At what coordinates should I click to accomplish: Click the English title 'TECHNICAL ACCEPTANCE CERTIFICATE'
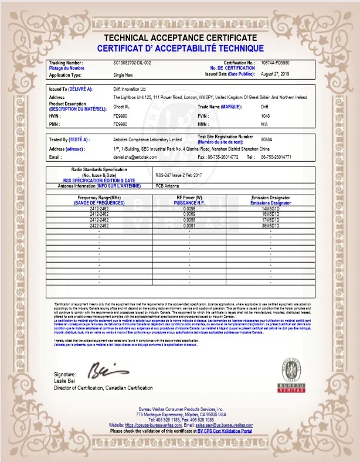[180, 38]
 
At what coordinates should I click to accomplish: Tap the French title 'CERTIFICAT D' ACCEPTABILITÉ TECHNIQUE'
[180, 48]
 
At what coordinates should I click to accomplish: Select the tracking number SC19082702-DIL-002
[132, 62]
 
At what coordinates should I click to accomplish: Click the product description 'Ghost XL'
[123, 107]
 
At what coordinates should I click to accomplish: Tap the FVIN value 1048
[265, 116]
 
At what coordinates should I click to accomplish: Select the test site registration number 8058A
[268, 140]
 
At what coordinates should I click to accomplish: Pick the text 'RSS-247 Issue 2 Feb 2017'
[178, 175]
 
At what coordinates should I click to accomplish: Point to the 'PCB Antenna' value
[168, 185]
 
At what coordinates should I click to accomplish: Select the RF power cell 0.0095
[189, 209]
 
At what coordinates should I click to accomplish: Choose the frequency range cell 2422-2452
[99, 225]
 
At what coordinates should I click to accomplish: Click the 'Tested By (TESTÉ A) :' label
[69, 140]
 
